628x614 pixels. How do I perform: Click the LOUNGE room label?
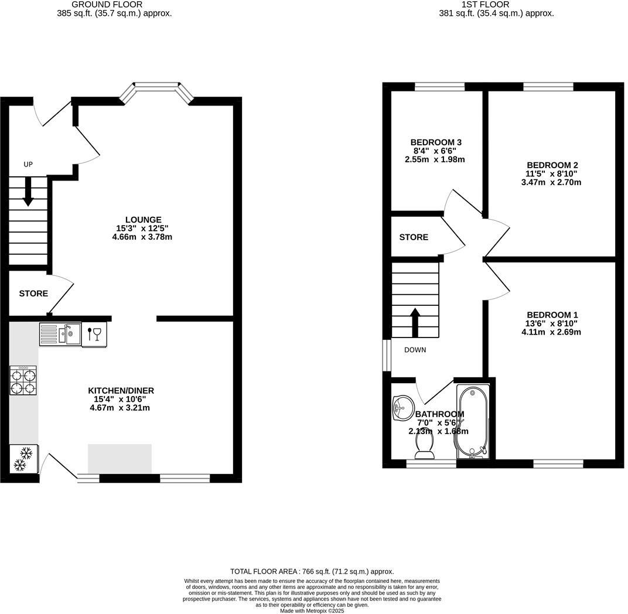pyautogui.click(x=144, y=220)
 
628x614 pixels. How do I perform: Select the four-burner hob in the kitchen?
pyautogui.click(x=23, y=380)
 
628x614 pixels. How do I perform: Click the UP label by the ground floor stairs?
pyautogui.click(x=28, y=165)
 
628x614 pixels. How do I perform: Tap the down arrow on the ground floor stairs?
pyautogui.click(x=28, y=193)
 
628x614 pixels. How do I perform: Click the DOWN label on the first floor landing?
pyautogui.click(x=415, y=350)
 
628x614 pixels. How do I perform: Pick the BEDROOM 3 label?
pyautogui.click(x=436, y=142)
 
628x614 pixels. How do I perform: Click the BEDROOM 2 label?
pyautogui.click(x=552, y=165)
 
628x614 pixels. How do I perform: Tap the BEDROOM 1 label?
pyautogui.click(x=551, y=315)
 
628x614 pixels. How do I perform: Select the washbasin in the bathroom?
pyautogui.click(x=403, y=407)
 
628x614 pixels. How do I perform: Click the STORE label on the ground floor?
pyautogui.click(x=33, y=294)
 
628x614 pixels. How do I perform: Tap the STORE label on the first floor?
pyautogui.click(x=414, y=237)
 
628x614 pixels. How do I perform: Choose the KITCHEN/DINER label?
pyautogui.click(x=121, y=391)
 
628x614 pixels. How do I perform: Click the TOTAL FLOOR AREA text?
pyautogui.click(x=312, y=571)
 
